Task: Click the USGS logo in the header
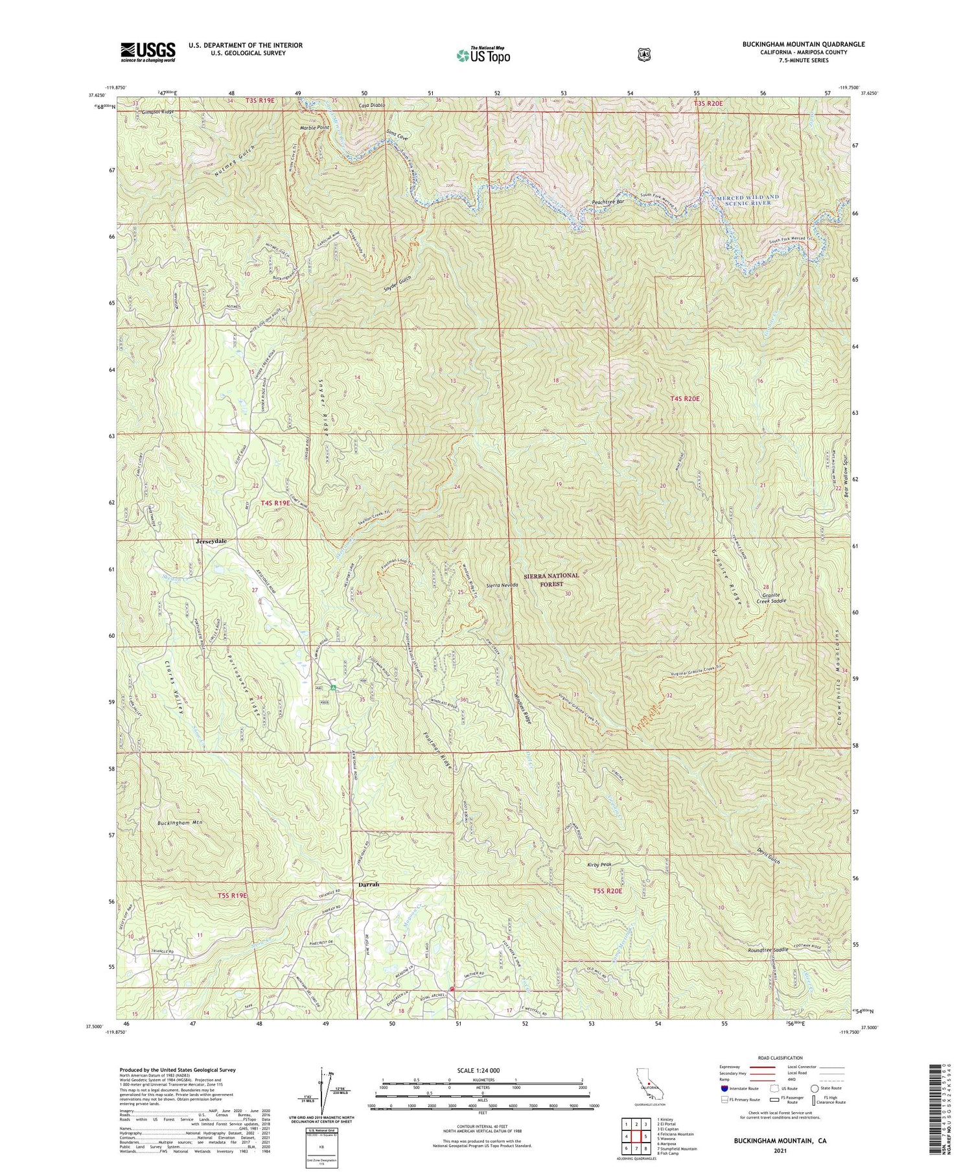[x=148, y=52]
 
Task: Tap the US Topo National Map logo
[x=483, y=55]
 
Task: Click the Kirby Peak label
[x=599, y=865]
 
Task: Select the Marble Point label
[x=314, y=128]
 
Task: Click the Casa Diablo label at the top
[x=372, y=104]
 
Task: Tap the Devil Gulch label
[x=769, y=859]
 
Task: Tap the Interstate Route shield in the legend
[x=724, y=1089]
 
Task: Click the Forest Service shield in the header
[x=642, y=54]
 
